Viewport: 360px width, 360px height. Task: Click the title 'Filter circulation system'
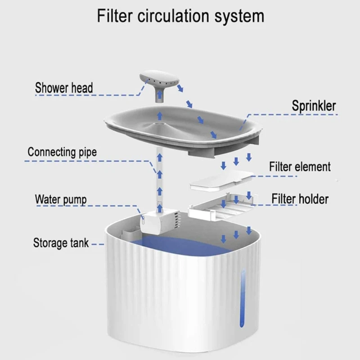click(180, 16)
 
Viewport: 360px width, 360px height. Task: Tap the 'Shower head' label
click(64, 87)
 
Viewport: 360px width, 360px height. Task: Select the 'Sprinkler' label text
click(314, 106)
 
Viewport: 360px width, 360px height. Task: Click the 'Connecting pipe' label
click(62, 152)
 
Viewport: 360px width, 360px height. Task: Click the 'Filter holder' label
click(300, 198)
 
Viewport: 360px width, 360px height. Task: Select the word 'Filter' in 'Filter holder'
click(284, 198)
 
